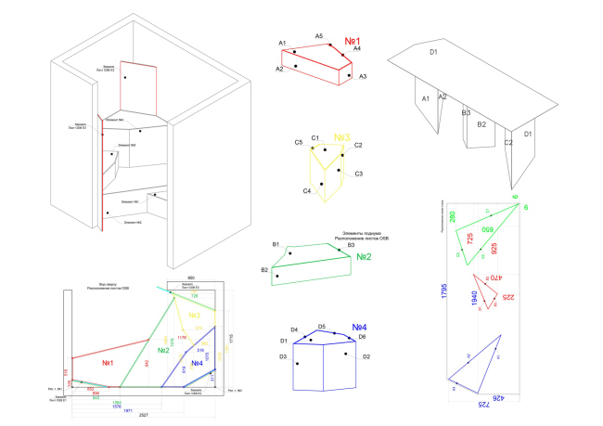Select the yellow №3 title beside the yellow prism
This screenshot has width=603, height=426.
[x=343, y=136]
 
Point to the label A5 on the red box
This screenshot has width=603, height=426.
[x=318, y=36]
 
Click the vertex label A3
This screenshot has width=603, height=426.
[x=363, y=76]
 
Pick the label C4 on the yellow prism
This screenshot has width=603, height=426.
[x=306, y=190]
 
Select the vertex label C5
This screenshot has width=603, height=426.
[x=299, y=143]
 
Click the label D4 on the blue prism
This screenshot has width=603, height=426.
[x=294, y=330]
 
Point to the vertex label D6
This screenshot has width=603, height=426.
[x=362, y=337]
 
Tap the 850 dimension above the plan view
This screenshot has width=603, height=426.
[x=190, y=278]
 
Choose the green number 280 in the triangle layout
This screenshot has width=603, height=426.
[x=453, y=216]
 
